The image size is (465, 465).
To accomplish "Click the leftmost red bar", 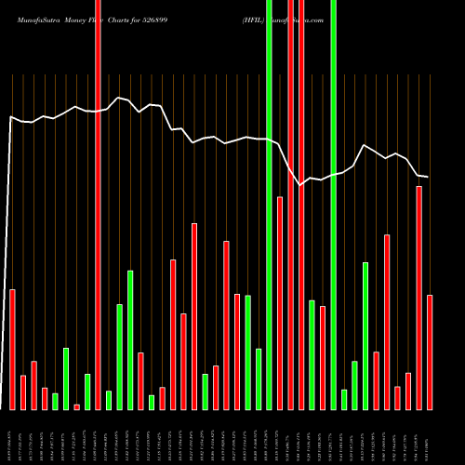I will (x=12, y=350).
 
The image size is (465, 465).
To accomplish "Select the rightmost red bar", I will (x=430, y=352).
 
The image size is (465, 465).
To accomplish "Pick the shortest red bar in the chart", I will (x=76, y=406).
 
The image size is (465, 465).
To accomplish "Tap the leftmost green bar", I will (x=55, y=401).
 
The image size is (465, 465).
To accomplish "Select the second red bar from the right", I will (x=419, y=298).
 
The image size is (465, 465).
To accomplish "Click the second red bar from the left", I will (x=23, y=392).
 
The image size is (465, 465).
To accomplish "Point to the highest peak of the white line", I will (x=118, y=97).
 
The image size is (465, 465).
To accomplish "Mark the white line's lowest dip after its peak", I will (x=300, y=185).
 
